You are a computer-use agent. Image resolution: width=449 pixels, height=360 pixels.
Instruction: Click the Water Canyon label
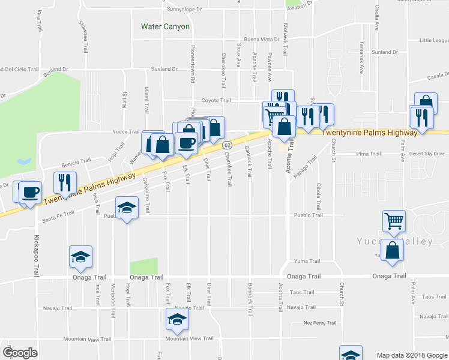[165, 26]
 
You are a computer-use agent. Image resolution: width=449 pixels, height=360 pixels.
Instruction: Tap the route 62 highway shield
[227, 145]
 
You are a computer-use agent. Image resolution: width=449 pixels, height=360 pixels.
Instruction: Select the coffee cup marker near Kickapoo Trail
[31, 193]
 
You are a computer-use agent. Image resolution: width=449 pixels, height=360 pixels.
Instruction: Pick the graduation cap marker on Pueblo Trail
[126, 208]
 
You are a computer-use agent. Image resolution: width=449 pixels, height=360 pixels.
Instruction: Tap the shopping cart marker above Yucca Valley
[394, 220]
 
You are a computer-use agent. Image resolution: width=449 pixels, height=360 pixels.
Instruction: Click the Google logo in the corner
[20, 353]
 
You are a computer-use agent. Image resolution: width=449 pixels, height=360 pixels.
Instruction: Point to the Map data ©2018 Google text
[411, 355]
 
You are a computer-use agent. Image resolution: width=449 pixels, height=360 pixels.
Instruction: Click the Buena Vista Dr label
[262, 39]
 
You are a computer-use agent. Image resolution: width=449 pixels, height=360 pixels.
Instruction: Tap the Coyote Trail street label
[216, 101]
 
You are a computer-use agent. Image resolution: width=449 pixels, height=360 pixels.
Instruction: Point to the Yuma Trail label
[307, 262]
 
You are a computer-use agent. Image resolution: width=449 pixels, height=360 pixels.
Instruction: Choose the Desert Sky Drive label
[427, 154]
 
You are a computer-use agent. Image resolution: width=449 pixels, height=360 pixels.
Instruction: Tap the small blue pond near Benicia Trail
[24, 161]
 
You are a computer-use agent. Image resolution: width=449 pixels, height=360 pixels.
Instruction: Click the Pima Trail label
[368, 154]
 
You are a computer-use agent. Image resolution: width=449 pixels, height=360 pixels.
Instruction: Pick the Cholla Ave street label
[377, 18]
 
